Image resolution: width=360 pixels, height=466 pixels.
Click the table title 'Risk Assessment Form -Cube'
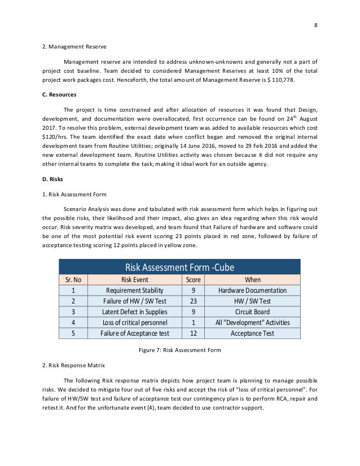click(x=179, y=267)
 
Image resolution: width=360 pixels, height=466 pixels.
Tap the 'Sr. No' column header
click(x=73, y=279)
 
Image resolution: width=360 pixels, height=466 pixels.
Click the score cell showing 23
click(x=193, y=301)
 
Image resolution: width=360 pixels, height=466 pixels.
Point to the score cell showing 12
click(x=193, y=333)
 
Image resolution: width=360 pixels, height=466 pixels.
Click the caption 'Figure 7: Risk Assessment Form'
click(x=179, y=350)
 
